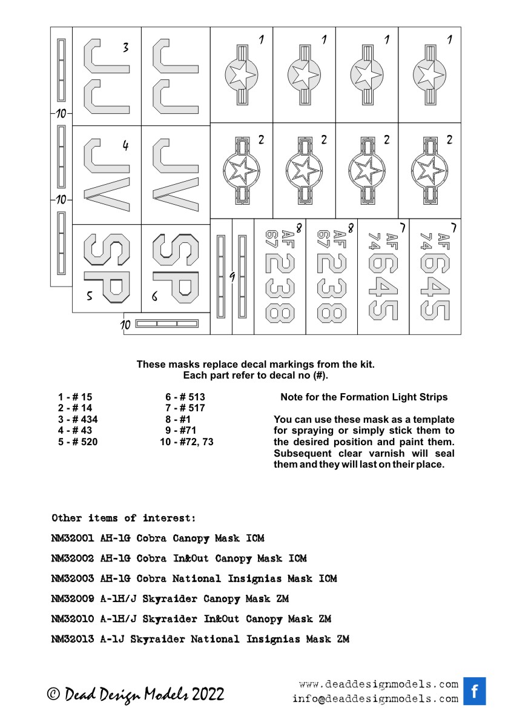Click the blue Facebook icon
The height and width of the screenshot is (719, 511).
point(475,691)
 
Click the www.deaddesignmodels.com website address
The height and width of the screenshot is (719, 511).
point(378,684)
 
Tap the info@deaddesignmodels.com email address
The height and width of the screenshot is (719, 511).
point(375,698)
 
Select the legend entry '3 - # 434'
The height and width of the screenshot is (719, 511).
point(77,419)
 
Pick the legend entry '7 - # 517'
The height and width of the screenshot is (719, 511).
point(185,408)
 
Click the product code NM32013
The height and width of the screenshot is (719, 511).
point(73,640)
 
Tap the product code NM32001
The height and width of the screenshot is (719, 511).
point(73,538)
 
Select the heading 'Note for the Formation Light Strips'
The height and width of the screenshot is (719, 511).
point(364,397)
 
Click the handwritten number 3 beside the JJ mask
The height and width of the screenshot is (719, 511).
point(125,48)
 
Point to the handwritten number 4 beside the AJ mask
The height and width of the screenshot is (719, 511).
point(125,146)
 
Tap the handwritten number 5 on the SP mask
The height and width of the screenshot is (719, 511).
point(90,297)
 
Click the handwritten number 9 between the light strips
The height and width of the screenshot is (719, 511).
point(232,276)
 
